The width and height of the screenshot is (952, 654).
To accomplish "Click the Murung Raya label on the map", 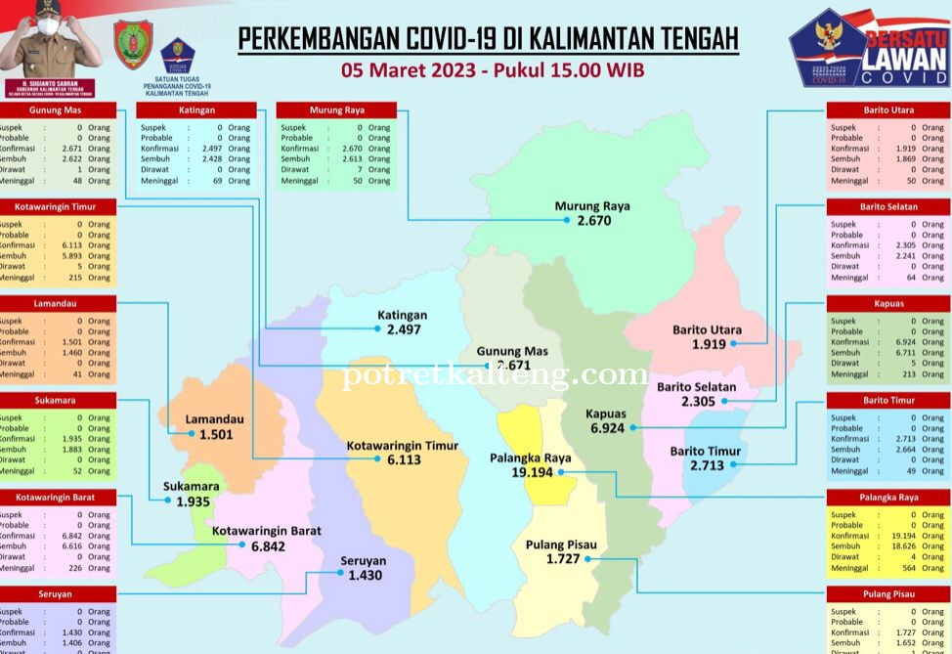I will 592,206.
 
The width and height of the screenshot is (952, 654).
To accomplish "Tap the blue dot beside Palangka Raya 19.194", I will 562,472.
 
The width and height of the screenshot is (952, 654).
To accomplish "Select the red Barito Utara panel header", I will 888,110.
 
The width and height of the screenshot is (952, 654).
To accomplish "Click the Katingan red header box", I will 196,110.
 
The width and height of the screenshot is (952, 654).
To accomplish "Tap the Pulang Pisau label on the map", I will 561,545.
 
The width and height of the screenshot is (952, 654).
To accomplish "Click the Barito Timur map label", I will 705,451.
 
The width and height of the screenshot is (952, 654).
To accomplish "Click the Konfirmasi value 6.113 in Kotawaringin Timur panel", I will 68,245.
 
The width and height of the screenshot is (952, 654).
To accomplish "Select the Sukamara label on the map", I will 192,486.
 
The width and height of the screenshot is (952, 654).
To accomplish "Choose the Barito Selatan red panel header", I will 888,207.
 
